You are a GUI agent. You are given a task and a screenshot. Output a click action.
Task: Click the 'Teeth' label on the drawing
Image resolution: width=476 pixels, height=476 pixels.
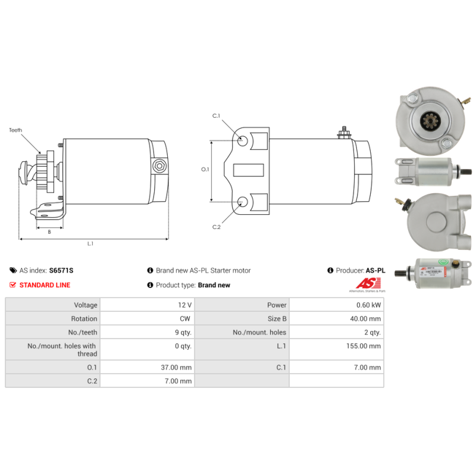click(15, 129)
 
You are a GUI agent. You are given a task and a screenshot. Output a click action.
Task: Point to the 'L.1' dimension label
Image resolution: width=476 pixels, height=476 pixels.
click(90, 243)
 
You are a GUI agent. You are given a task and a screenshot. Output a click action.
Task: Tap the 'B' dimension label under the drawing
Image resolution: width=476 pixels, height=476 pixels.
click(49, 232)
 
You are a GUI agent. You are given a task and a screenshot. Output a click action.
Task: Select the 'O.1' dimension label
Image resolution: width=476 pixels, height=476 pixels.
click(205, 170)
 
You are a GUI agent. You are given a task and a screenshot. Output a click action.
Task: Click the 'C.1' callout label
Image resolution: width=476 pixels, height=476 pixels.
click(217, 115)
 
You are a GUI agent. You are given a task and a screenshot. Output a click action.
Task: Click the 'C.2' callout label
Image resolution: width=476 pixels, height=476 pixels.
click(217, 227)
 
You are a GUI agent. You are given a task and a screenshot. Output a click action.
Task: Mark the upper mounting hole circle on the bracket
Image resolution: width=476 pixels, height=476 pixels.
click(243, 141)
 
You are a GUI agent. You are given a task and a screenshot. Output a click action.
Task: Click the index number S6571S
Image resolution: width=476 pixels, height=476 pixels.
click(61, 270)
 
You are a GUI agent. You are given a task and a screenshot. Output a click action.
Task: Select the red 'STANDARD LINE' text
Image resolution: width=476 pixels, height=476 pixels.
click(45, 285)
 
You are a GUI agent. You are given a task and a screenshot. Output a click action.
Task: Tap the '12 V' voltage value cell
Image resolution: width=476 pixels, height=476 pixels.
click(184, 305)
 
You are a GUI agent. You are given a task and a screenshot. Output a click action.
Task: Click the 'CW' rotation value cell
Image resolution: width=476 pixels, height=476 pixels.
click(186, 318)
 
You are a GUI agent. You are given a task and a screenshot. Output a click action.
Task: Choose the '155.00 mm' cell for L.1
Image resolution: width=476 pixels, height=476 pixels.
click(364, 346)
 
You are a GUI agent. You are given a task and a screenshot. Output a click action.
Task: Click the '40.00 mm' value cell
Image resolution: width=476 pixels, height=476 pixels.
click(366, 318)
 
